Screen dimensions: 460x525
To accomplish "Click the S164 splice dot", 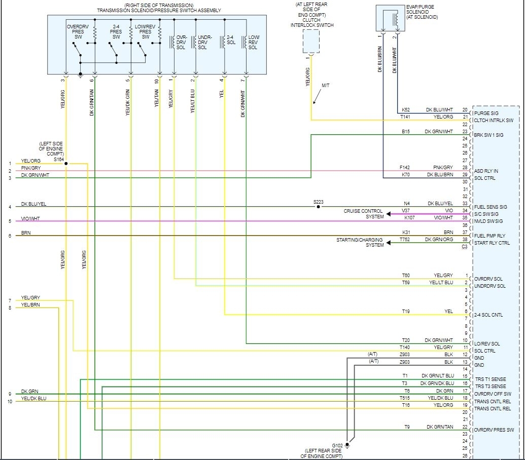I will click(66, 164).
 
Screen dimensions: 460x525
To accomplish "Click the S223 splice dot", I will click(318, 207).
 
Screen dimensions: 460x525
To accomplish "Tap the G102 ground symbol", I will click(347, 446).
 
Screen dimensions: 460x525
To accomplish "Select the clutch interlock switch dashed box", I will click(311, 41).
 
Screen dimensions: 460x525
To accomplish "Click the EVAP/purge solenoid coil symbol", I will click(394, 19).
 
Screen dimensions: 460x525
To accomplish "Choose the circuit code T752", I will click(404, 239).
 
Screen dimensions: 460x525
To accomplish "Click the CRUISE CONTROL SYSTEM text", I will click(364, 214).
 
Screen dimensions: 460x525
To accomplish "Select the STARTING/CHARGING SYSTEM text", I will click(360, 242).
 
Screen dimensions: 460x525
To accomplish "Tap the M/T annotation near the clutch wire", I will click(325, 86).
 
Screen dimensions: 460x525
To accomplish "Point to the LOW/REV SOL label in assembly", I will click(254, 43).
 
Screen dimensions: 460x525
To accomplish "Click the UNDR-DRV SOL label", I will click(204, 43).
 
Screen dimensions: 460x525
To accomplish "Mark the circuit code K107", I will click(409, 218).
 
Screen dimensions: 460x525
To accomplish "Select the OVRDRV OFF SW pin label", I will click(493, 394).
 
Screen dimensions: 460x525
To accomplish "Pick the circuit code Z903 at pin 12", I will click(404, 354).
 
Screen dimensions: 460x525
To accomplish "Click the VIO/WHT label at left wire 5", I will click(30, 219).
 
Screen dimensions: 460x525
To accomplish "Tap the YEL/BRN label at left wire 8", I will click(30, 305).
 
